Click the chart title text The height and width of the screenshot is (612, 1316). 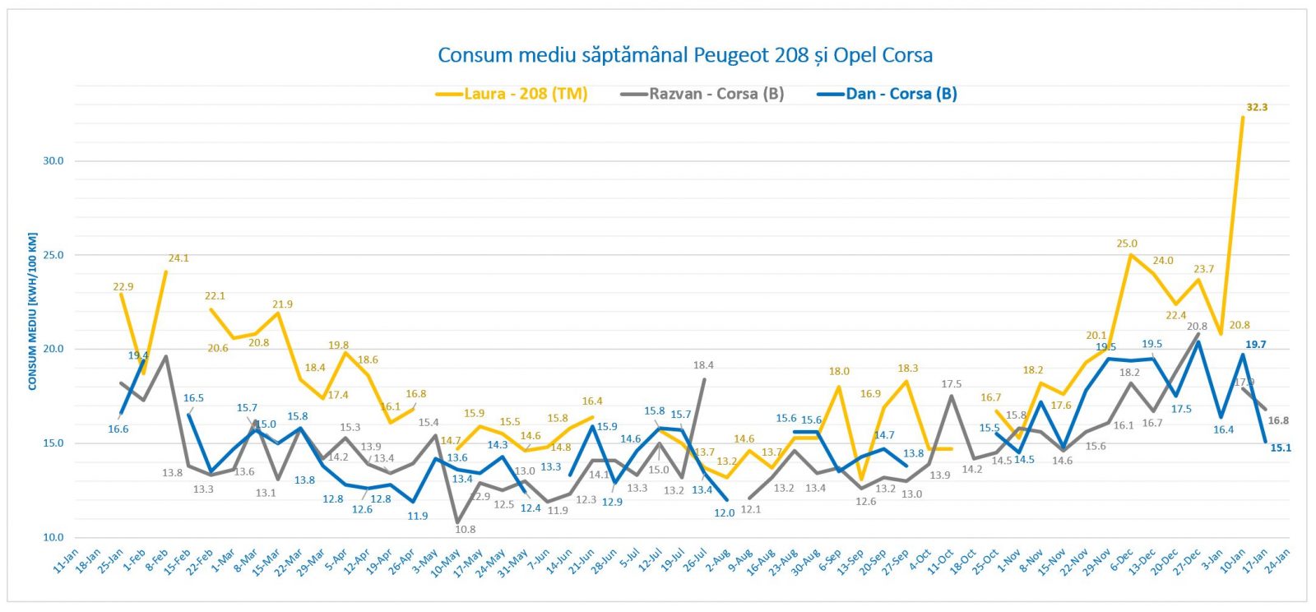(x=684, y=56)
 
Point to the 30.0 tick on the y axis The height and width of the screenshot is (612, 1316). (x=53, y=161)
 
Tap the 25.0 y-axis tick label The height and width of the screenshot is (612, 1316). (x=53, y=255)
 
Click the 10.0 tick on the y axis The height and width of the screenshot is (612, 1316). (x=53, y=537)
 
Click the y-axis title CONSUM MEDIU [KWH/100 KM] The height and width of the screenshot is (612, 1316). (x=33, y=312)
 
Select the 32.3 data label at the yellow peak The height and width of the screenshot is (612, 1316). (x=1257, y=108)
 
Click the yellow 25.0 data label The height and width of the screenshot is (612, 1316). (x=1127, y=243)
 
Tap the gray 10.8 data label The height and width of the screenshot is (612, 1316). (x=466, y=529)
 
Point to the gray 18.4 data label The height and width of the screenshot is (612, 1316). (x=703, y=365)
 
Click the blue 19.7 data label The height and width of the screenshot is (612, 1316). (x=1255, y=345)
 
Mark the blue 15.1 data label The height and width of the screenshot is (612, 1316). (x=1281, y=448)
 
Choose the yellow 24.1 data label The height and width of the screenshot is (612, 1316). (x=178, y=258)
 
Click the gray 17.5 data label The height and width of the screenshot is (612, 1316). (x=951, y=384)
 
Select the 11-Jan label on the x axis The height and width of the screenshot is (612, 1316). (x=66, y=561)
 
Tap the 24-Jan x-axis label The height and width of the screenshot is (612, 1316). (x=1277, y=561)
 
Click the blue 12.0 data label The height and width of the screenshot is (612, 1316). (x=724, y=512)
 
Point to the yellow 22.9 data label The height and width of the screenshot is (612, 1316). (x=123, y=287)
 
